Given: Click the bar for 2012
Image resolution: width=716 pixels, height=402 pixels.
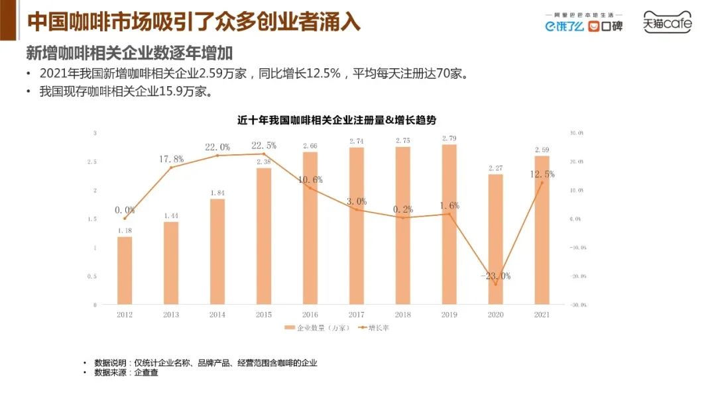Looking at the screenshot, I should (125, 270).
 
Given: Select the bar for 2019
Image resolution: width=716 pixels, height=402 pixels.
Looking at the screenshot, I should (449, 225).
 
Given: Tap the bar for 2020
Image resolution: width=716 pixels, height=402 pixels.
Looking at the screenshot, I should (495, 239).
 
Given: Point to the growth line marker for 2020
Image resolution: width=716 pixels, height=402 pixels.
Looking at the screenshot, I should (495, 284).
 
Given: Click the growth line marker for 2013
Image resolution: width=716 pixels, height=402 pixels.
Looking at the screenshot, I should (171, 168).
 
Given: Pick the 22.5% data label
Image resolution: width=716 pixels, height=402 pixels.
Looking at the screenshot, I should (264, 146).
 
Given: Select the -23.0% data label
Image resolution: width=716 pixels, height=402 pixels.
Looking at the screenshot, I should (495, 276).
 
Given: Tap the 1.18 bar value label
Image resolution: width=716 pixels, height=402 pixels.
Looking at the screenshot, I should (125, 230).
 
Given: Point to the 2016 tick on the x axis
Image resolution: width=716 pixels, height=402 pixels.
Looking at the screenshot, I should (310, 315).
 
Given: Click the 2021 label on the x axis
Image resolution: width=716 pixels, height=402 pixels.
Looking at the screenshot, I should (542, 315).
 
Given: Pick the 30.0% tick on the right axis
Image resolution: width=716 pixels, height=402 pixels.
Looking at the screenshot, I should (577, 133).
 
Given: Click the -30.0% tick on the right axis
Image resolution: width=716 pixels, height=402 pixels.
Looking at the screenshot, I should (577, 305).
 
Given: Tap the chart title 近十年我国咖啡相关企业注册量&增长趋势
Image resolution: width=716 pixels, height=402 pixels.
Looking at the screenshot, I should (337, 120).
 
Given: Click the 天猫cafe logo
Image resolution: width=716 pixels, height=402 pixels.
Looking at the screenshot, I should (667, 24).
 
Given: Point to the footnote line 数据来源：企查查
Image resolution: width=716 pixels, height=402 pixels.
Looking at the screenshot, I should (126, 373).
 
